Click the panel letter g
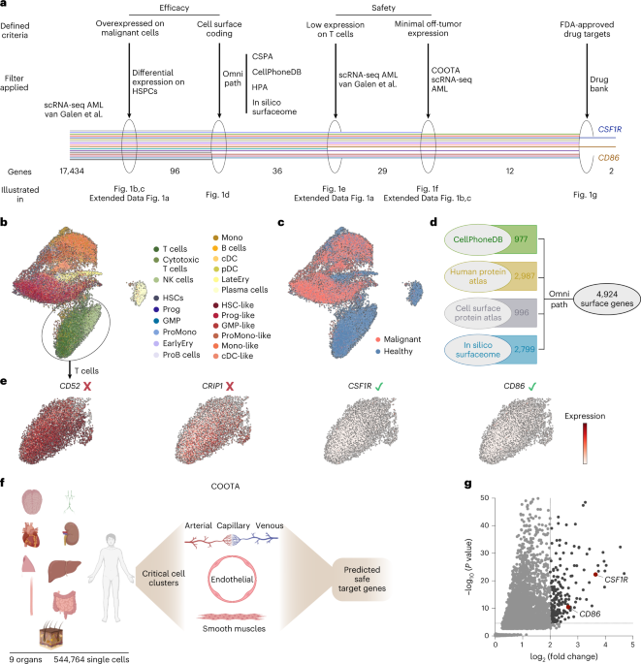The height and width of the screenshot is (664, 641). (469, 482)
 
